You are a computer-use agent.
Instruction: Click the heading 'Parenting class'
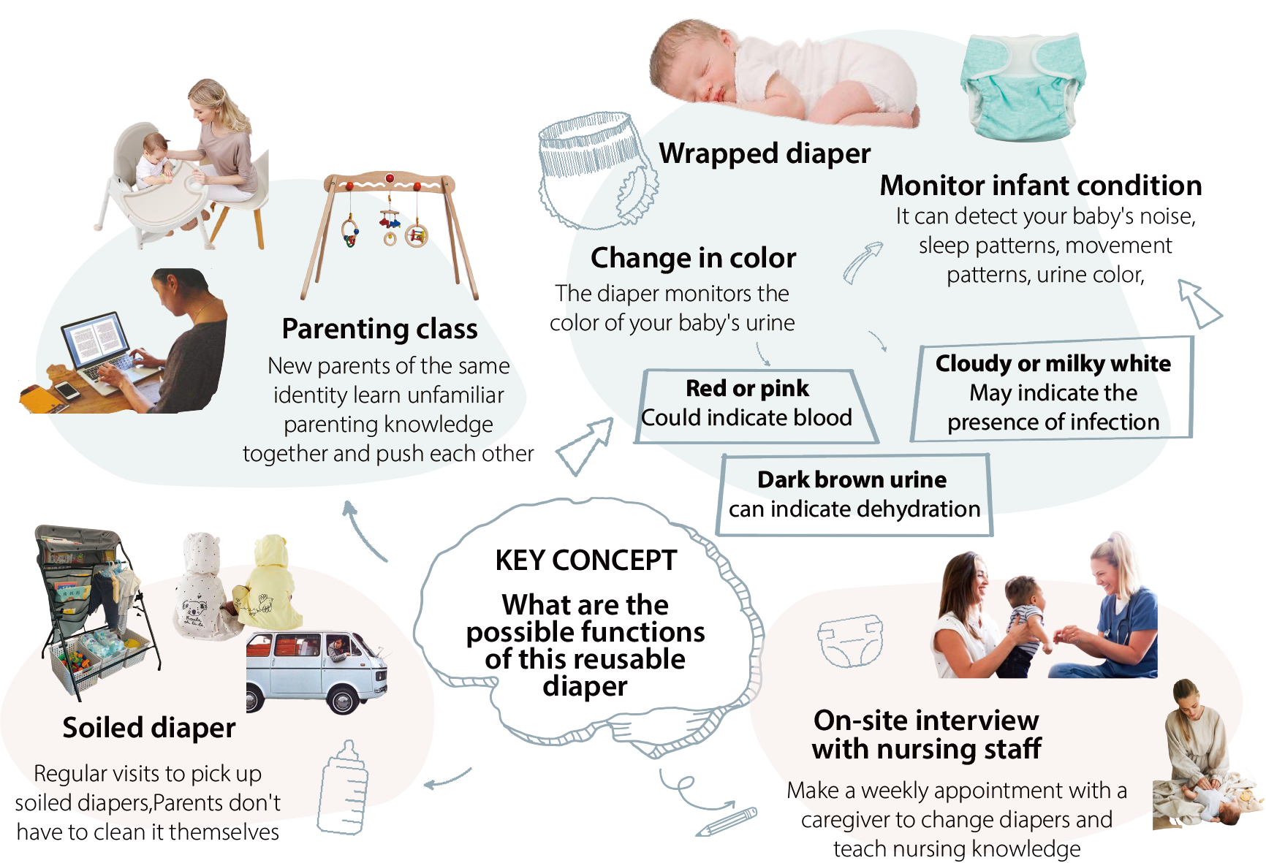pyautogui.click(x=379, y=329)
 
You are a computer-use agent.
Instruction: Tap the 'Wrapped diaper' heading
pyautogui.click(x=765, y=153)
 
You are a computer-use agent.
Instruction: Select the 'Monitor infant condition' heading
pyautogui.click(x=1040, y=186)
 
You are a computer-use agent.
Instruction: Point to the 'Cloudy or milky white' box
pyautogui.click(x=1053, y=391)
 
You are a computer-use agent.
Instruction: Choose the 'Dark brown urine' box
pyautogui.click(x=854, y=495)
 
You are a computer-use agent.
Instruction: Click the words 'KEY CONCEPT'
pyautogui.click(x=586, y=560)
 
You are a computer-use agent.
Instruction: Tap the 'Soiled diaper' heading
pyautogui.click(x=149, y=728)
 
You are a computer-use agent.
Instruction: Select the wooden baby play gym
pyautogui.click(x=391, y=227)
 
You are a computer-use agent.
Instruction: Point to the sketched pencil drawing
pyautogui.click(x=727, y=821)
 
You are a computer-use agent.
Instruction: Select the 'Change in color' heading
pyautogui.click(x=693, y=258)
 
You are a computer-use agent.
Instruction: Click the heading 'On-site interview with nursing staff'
pyautogui.click(x=926, y=734)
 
